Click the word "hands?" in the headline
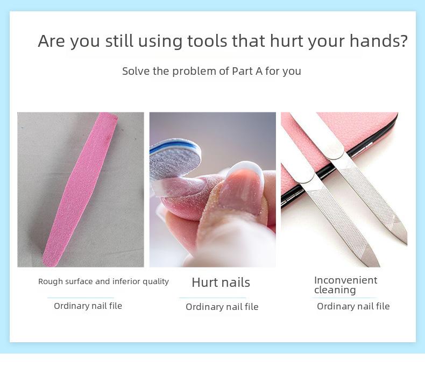(378, 41)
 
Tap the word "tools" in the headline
(207, 41)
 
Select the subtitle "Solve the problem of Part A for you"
(211, 71)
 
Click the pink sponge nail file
(80, 189)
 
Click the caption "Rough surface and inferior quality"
(103, 281)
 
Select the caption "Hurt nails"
(221, 283)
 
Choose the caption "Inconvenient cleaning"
(345, 285)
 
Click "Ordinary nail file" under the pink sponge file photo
(88, 306)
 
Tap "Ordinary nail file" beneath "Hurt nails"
(222, 307)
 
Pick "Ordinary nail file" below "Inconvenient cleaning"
(353, 306)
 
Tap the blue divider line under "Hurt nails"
(212, 298)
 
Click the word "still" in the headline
(119, 41)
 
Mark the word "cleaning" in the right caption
(335, 290)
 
